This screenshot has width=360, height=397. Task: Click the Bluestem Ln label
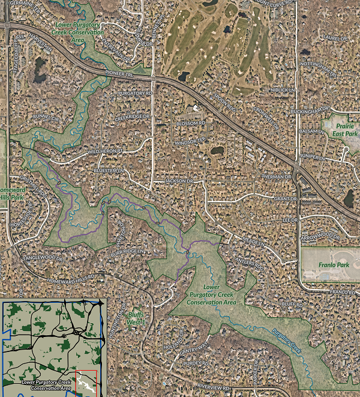108,171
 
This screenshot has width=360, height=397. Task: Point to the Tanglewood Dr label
43,258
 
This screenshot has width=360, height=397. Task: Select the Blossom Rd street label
191,123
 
